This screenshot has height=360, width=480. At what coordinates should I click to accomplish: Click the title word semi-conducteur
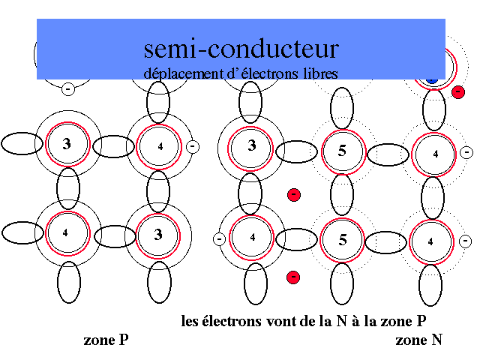click(x=241, y=49)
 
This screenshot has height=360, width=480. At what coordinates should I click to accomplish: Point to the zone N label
click(x=418, y=340)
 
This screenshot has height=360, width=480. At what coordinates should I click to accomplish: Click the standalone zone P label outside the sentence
click(x=106, y=340)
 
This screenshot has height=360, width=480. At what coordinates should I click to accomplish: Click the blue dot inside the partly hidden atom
click(x=431, y=78)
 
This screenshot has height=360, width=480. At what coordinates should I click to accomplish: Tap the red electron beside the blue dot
click(x=458, y=91)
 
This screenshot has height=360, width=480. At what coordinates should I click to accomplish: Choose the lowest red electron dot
click(x=293, y=277)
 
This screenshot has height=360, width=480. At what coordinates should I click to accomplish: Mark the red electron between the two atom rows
click(x=294, y=195)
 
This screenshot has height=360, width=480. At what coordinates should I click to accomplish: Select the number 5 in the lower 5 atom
click(x=342, y=241)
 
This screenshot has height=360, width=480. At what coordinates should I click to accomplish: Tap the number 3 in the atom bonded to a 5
click(x=252, y=145)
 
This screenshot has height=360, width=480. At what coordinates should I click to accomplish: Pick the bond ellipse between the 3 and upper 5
click(x=296, y=151)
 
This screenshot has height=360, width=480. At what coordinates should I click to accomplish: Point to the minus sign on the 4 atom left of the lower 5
click(x=219, y=239)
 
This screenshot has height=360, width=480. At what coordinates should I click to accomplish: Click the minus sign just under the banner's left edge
click(x=67, y=89)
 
